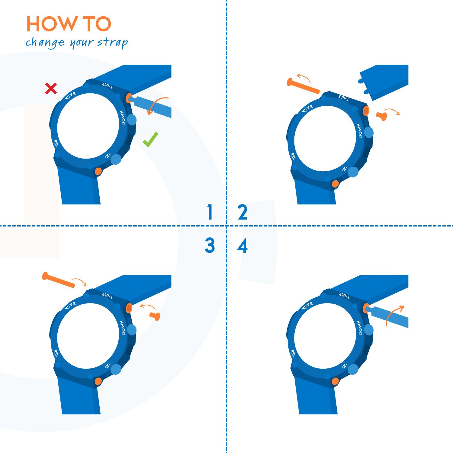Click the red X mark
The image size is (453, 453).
[x=51, y=88]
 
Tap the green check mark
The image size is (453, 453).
[x=150, y=140]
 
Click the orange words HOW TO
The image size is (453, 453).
[x=69, y=24]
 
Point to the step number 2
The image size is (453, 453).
[x=243, y=212]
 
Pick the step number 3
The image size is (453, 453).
[x=210, y=245]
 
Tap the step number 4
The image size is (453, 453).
[x=242, y=245]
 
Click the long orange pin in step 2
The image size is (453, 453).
[x=303, y=86]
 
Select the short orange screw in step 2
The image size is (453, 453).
[x=382, y=116]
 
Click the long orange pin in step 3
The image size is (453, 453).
[x=59, y=280]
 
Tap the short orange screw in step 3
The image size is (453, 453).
[x=155, y=316]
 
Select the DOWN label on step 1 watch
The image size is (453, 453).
[x=123, y=117]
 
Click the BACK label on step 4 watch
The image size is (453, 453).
[x=307, y=306]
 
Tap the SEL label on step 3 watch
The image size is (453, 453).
[x=56, y=353]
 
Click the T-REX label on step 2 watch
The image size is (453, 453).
[x=343, y=98]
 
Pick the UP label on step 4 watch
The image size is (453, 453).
[x=345, y=366]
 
